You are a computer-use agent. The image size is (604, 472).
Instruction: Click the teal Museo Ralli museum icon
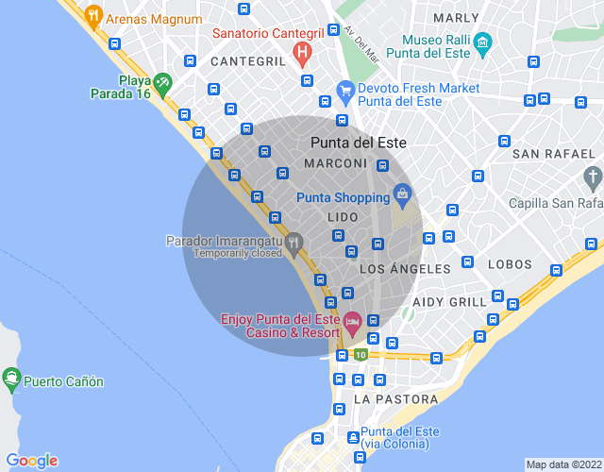482,42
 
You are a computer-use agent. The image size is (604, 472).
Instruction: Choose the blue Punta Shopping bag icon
402,196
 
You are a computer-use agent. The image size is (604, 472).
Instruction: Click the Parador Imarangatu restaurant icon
294,244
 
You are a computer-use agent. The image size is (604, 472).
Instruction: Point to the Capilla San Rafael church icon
592,177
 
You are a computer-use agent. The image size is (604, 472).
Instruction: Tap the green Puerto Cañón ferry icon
11,380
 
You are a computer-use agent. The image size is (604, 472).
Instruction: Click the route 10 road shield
361,355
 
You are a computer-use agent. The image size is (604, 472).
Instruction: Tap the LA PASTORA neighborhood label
395,399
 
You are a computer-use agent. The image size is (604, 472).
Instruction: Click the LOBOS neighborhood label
511,264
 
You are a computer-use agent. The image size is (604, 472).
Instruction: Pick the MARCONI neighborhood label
335,163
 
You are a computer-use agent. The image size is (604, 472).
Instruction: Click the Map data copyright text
563,464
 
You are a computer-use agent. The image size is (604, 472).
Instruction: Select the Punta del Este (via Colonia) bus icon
353,438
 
